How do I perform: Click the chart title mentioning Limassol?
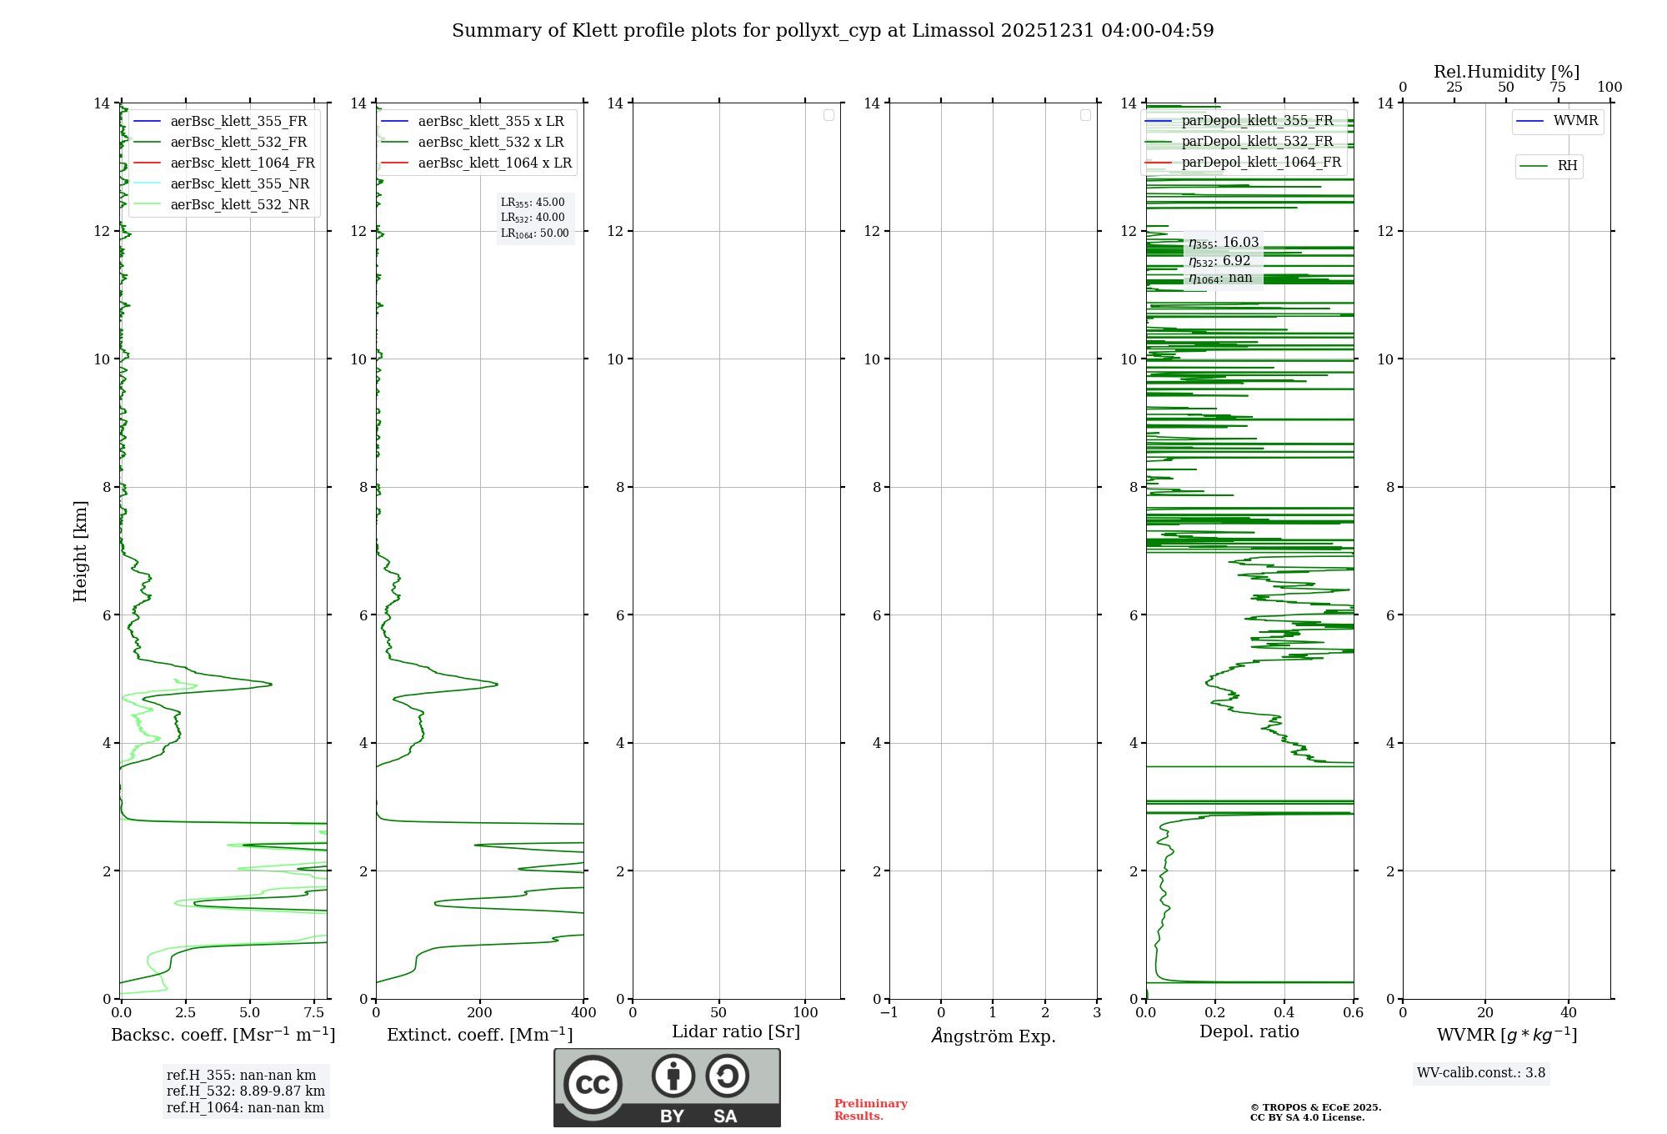(833, 31)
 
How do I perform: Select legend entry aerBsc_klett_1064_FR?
(242, 163)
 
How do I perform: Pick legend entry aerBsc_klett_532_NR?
(239, 205)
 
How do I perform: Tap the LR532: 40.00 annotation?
(533, 218)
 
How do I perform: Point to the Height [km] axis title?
(80, 551)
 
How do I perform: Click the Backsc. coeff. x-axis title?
(223, 1035)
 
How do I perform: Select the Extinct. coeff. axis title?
(480, 1035)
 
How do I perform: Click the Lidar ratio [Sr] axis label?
(736, 1032)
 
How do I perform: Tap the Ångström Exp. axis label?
(994, 1036)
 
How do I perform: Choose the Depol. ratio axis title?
(1249, 1032)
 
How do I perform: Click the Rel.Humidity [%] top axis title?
(1506, 72)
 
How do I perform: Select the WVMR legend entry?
(1575, 121)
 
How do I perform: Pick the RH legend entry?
(1567, 166)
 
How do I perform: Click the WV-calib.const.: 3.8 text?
(1481, 1073)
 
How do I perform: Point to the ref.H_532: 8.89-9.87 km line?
(246, 1091)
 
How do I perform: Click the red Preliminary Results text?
(870, 1110)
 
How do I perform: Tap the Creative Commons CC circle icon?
(593, 1085)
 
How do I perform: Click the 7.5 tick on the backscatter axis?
(314, 1013)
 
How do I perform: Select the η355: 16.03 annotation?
(1224, 243)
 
